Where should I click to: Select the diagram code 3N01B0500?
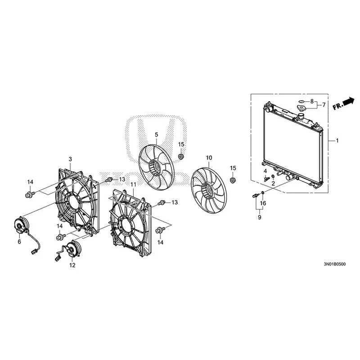334,264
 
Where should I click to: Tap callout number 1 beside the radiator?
337,140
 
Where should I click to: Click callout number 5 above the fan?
156,135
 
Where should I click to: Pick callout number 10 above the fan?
209,158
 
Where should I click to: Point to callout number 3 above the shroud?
70,159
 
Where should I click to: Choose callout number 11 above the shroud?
133,184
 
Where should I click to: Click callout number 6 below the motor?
19,242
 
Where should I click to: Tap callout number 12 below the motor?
72,265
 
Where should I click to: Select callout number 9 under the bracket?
260,217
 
